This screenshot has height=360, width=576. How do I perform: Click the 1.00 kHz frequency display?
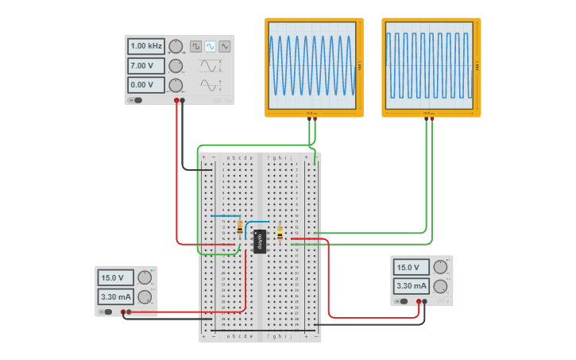(x=146, y=46)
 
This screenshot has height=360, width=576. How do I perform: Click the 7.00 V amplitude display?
(x=146, y=66)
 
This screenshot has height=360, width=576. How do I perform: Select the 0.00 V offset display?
(x=146, y=85)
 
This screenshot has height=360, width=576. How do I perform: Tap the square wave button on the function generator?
(x=195, y=46)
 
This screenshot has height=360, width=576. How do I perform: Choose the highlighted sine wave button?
(x=211, y=46)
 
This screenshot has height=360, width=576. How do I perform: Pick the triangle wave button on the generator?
(x=225, y=46)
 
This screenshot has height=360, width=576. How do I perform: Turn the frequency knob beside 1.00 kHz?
(x=176, y=46)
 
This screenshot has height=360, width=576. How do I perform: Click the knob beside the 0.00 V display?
(x=176, y=85)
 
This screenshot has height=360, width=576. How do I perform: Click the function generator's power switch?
(x=137, y=100)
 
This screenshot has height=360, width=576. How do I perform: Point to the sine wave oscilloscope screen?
(x=313, y=66)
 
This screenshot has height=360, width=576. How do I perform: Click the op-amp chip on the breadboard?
(x=260, y=241)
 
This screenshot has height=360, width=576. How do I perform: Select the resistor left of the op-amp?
(x=240, y=228)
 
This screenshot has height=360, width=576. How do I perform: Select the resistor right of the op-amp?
(x=280, y=233)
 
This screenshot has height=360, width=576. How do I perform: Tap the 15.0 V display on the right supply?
(x=411, y=268)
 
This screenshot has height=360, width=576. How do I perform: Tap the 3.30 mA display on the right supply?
(x=411, y=286)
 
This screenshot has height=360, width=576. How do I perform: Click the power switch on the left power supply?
(x=106, y=312)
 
